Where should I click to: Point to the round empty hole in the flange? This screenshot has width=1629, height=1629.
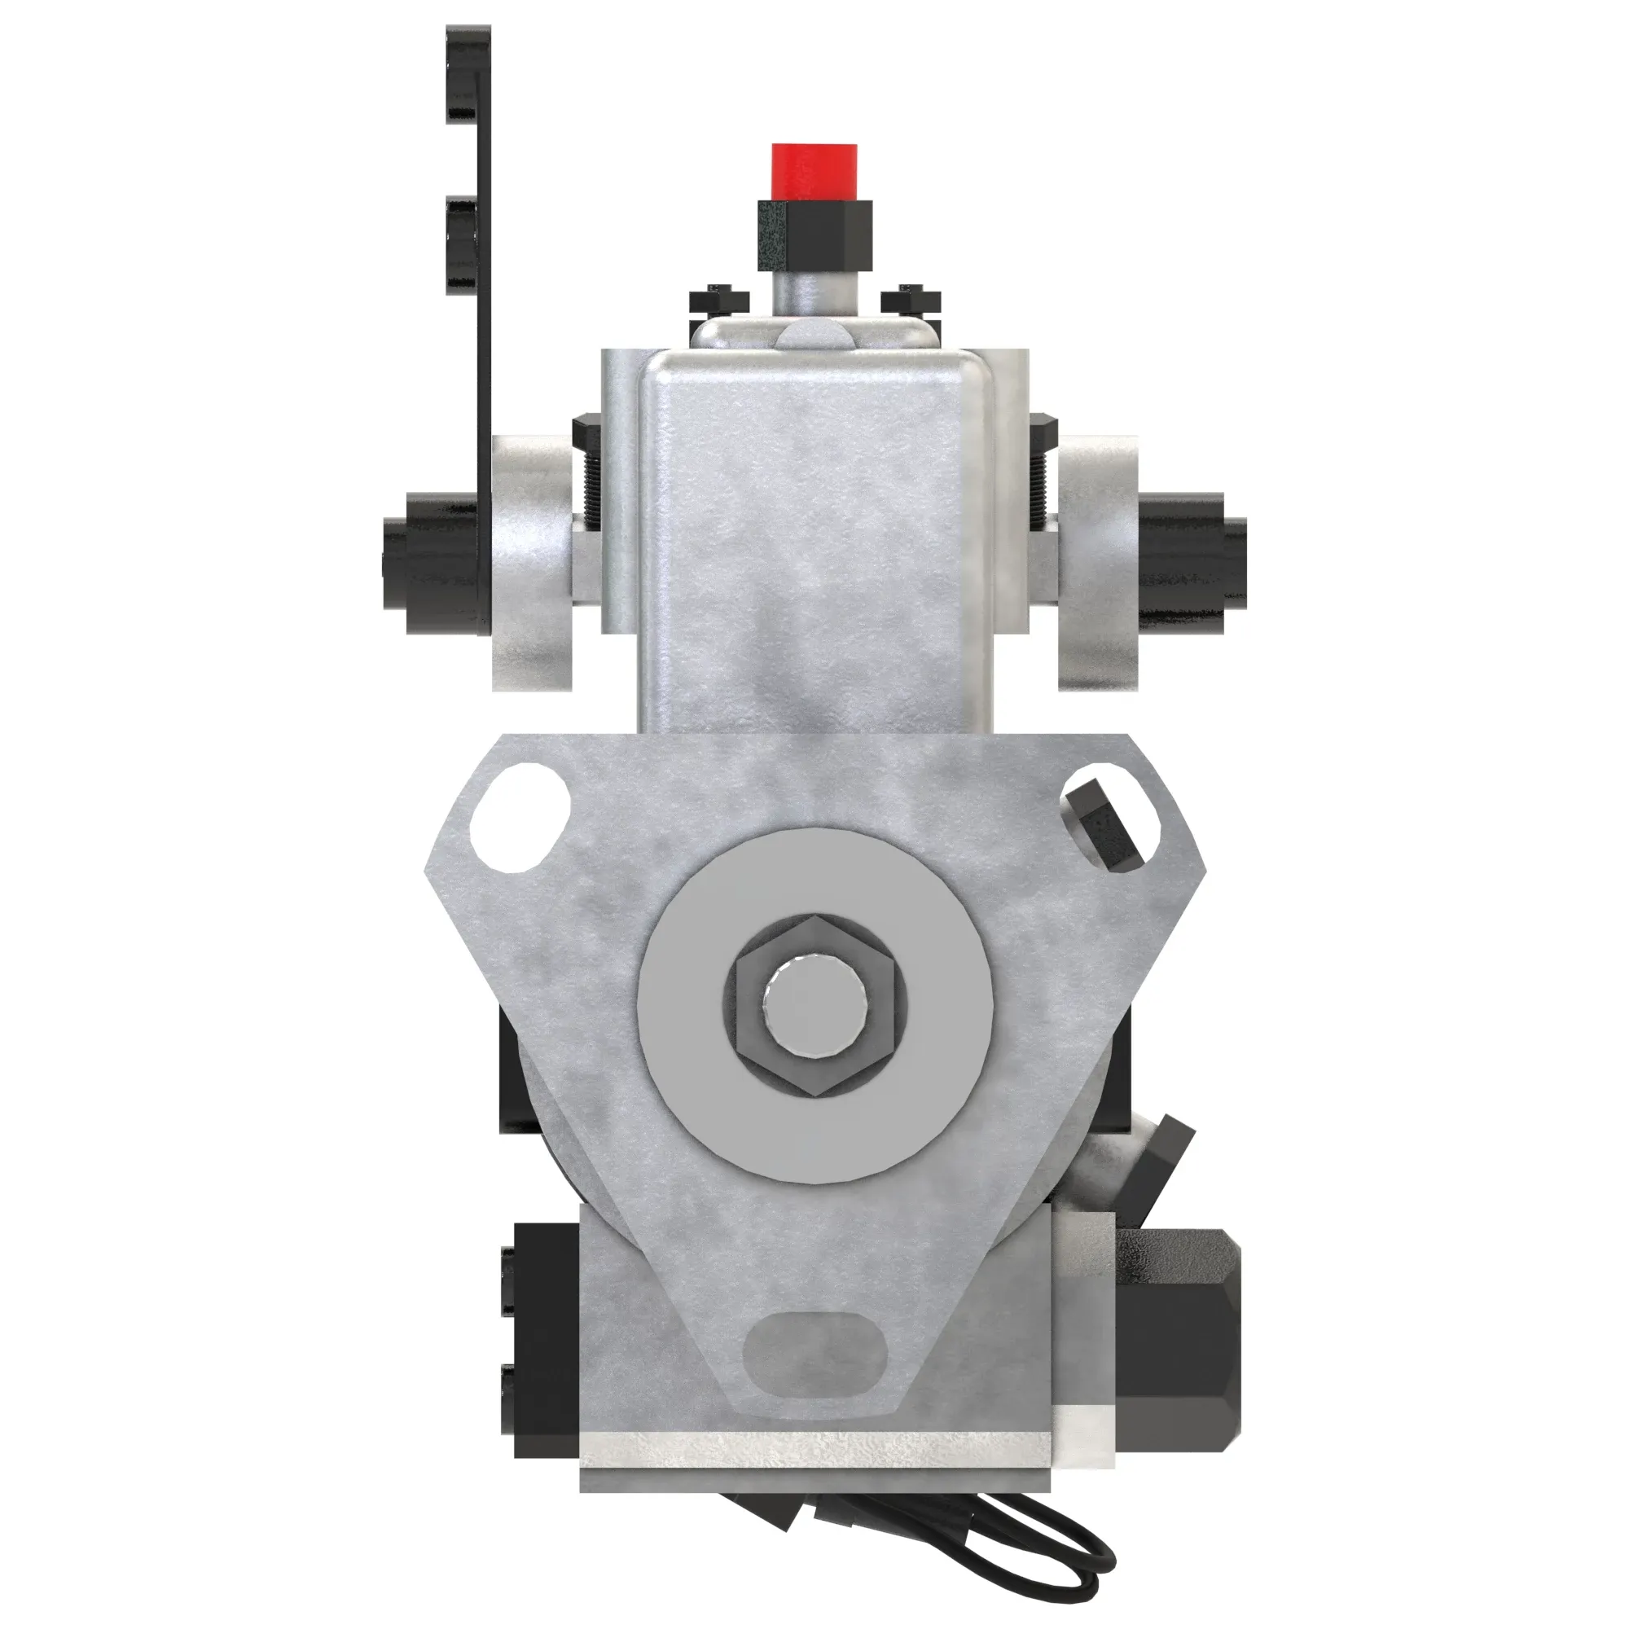coord(521,815)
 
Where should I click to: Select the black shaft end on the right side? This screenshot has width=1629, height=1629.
coord(1193,562)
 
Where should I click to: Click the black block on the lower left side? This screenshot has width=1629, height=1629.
coord(544,1350)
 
